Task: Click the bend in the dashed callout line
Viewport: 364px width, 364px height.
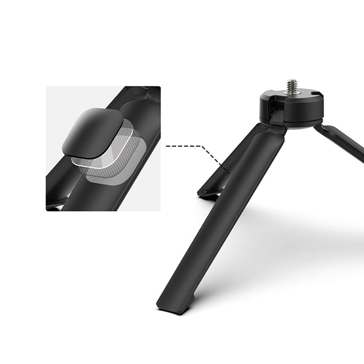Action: coord(202,146)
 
